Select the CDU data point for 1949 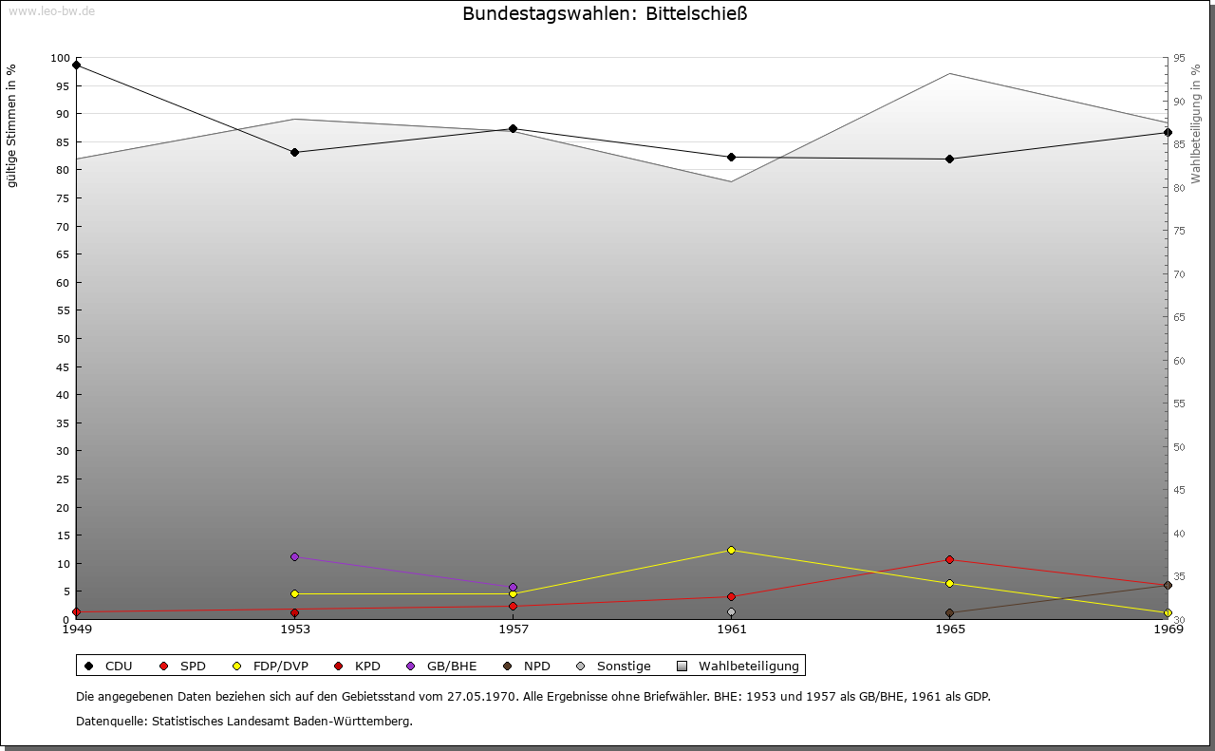click(76, 66)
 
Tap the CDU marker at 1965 click(949, 159)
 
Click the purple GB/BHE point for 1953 click(294, 556)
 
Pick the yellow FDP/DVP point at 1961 click(731, 550)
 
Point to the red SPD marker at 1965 click(949, 559)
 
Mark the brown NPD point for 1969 click(1168, 585)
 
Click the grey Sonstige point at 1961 click(731, 612)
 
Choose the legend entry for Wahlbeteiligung click(739, 667)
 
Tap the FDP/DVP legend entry click(271, 667)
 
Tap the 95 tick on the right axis click(1179, 59)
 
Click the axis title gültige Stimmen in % click(11, 125)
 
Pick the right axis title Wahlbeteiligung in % click(1196, 123)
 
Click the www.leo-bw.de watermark click(51, 11)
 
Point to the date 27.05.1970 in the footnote click(481, 696)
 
